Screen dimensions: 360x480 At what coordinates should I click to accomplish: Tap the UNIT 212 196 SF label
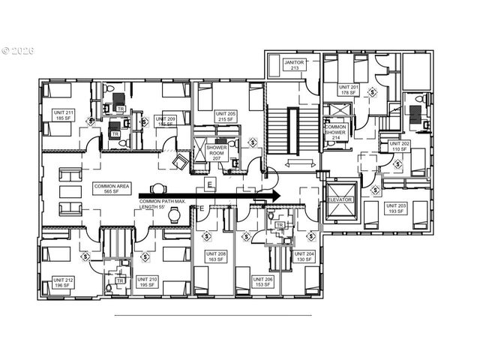coord(63,283)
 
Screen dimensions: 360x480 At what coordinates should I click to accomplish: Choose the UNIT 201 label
coord(348,89)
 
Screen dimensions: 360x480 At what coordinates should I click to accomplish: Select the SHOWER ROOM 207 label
coord(217,152)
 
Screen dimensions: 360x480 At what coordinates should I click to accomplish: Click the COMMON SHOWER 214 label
coord(335,133)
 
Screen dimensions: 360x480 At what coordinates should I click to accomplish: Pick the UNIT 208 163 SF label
coord(216,257)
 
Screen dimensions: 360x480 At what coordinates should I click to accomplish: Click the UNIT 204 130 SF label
coord(305,257)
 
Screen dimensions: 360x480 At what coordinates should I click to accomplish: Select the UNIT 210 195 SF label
coord(148,283)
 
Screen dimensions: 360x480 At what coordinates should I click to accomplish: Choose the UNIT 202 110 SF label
coord(397,145)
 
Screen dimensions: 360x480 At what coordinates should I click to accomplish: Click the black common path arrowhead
coord(274,195)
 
